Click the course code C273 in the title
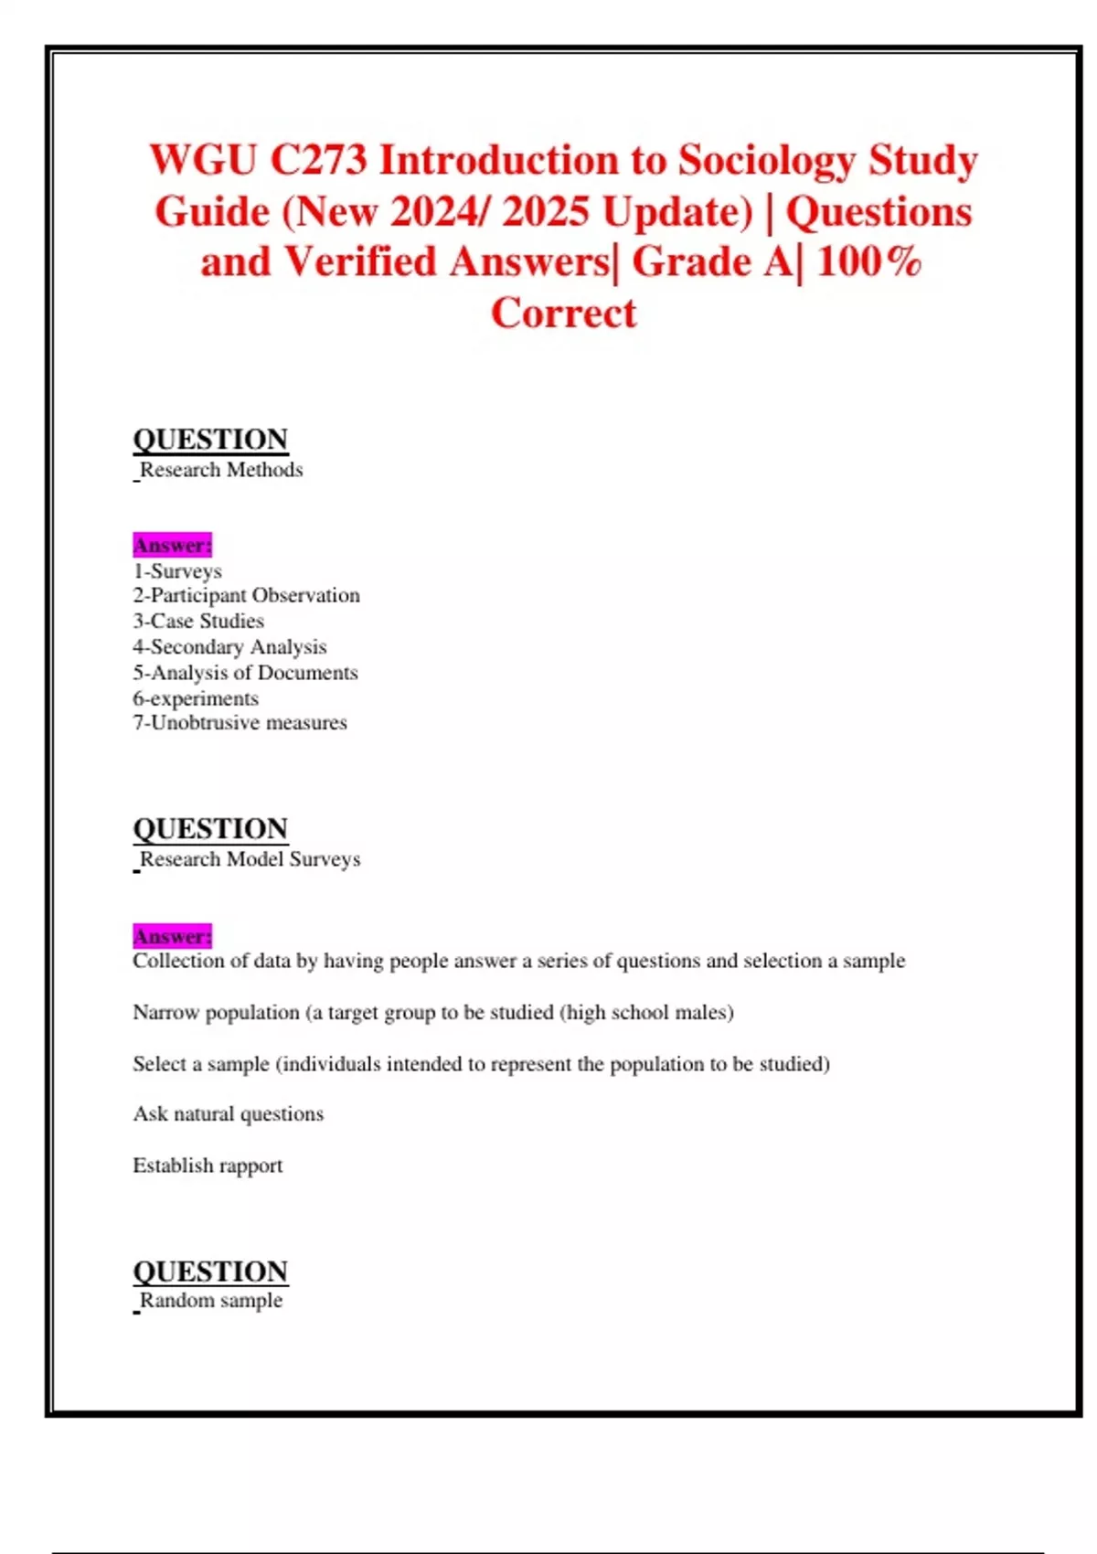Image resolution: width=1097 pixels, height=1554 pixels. coord(318,161)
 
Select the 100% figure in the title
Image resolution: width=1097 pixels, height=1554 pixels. coord(868,262)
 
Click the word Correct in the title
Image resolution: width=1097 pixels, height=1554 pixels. coord(563,314)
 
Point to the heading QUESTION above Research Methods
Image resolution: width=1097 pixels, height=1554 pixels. coord(210,440)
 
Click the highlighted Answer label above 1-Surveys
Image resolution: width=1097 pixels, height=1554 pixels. coord(172,546)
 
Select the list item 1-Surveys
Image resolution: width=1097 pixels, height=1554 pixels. coord(177,571)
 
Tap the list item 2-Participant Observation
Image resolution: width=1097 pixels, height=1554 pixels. coord(246,596)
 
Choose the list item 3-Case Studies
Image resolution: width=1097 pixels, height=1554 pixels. coord(198,622)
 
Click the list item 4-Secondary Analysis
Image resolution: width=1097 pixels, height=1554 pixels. coord(229,647)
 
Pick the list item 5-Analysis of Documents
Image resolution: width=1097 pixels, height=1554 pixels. coord(245,673)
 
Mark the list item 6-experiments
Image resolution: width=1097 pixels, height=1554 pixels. coord(196,698)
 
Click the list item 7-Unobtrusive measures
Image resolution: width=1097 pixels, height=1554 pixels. coord(240,723)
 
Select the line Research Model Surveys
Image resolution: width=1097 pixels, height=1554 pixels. coord(250,859)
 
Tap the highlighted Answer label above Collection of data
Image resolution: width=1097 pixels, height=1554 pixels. coord(172,937)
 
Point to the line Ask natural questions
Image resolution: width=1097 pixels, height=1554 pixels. coord(228,1114)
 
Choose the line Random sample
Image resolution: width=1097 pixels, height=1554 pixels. coord(211,1301)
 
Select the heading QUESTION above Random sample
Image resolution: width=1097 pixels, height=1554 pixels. coord(210,1272)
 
